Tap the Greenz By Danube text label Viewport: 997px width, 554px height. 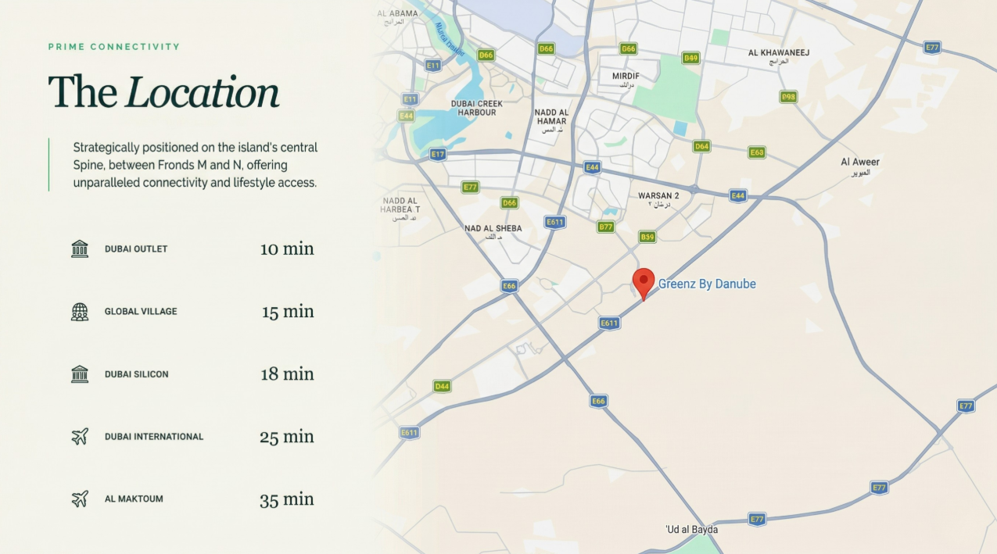pyautogui.click(x=707, y=284)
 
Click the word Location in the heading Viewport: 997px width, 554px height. pyautogui.click(x=203, y=92)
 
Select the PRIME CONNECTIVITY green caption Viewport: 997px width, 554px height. pyautogui.click(x=114, y=47)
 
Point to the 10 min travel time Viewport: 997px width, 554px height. pyautogui.click(x=287, y=249)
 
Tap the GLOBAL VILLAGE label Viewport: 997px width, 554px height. pyautogui.click(x=141, y=312)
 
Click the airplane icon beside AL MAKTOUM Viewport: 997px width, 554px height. pyautogui.click(x=80, y=499)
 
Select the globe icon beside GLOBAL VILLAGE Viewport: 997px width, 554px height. pyautogui.click(x=80, y=312)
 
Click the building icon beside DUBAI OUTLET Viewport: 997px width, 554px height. pyautogui.click(x=80, y=249)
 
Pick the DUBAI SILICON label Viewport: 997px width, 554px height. pyautogui.click(x=136, y=374)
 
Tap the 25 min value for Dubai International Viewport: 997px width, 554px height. pyautogui.click(x=287, y=437)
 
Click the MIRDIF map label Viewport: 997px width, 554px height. pyautogui.click(x=626, y=77)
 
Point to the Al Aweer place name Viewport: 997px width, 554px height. pyautogui.click(x=860, y=163)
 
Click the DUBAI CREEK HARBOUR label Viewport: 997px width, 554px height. pyautogui.click(x=477, y=108)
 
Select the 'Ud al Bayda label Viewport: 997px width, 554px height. pyautogui.click(x=691, y=530)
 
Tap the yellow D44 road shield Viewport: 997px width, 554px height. pyautogui.click(x=442, y=386)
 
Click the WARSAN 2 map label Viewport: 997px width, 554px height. pyautogui.click(x=658, y=196)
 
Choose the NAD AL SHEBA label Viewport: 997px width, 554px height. pyautogui.click(x=493, y=229)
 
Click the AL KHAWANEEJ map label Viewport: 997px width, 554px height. pyautogui.click(x=778, y=53)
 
